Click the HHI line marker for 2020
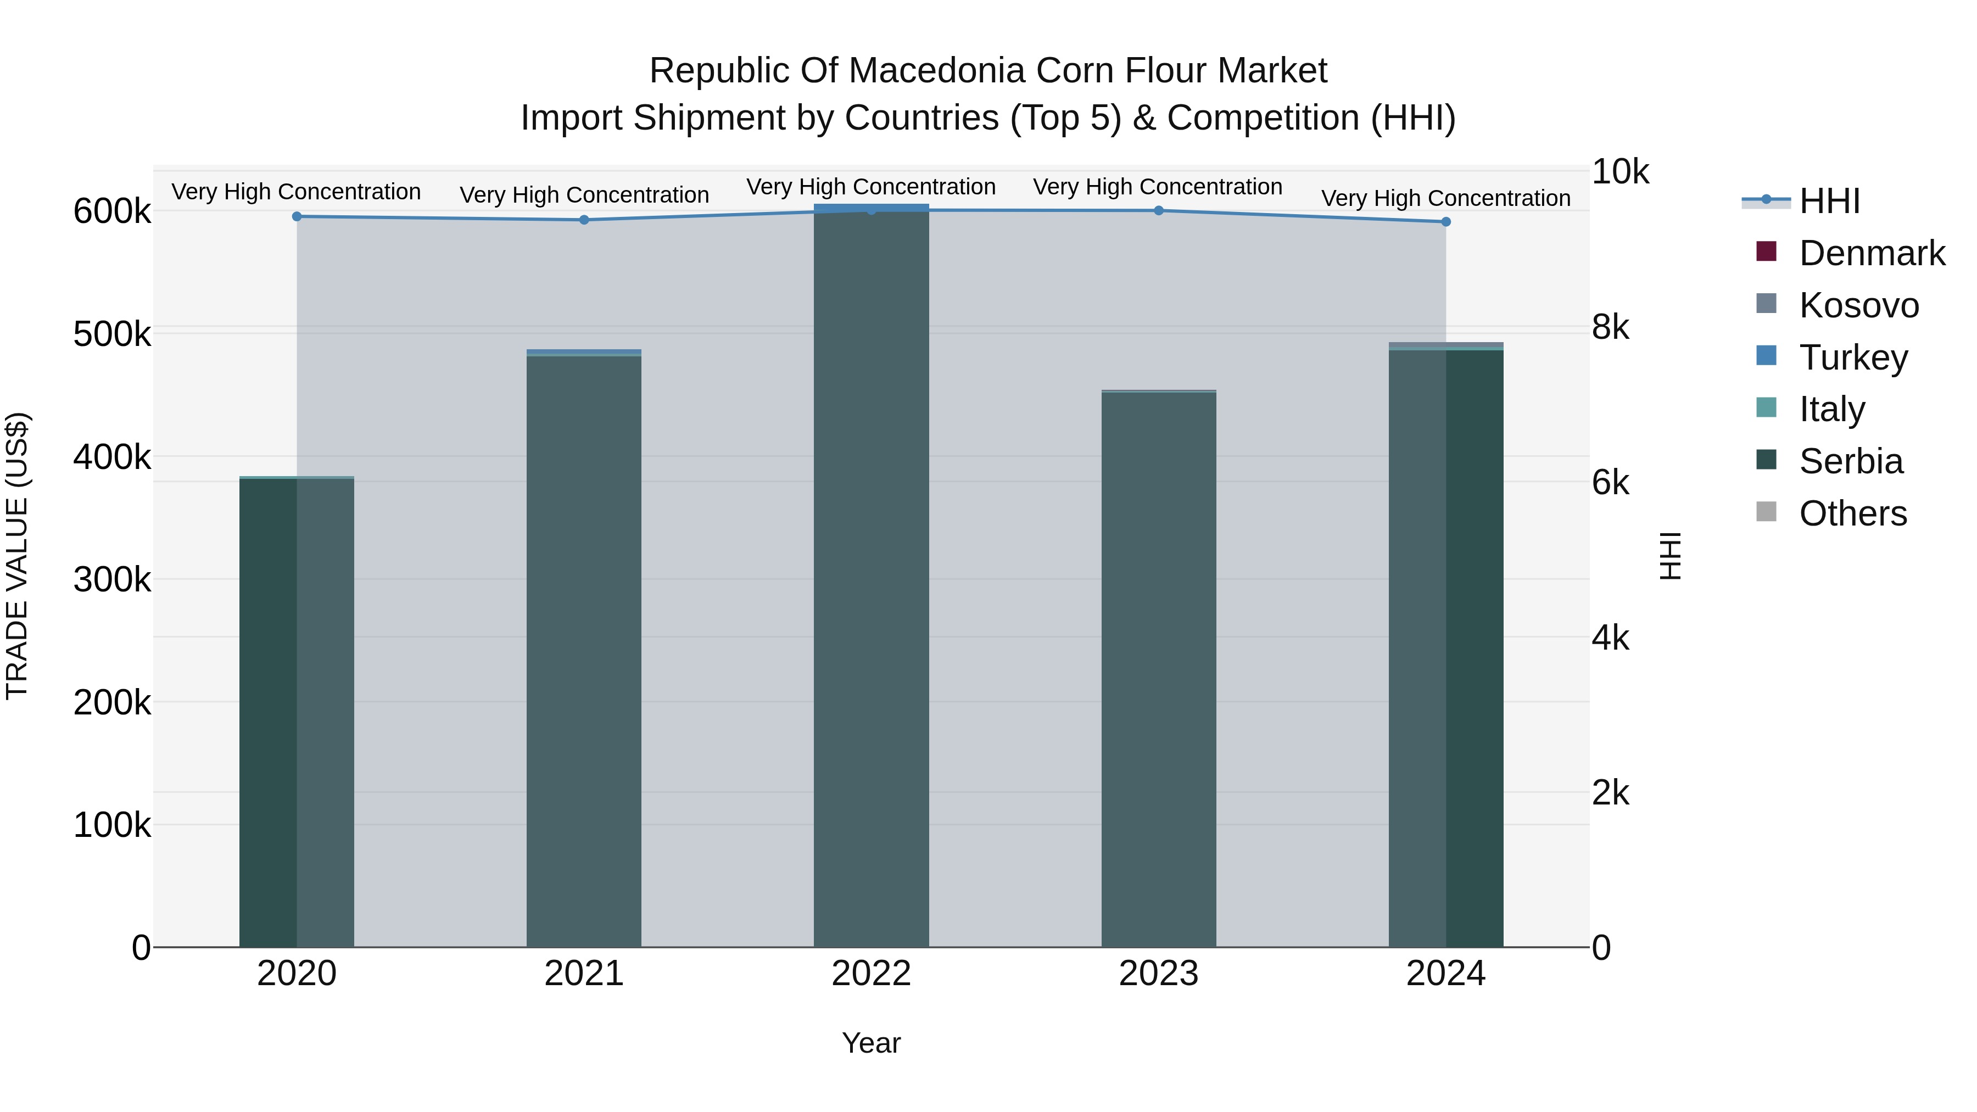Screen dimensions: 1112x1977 (297, 216)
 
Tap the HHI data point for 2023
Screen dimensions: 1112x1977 (1159, 210)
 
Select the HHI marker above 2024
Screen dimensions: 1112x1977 (1446, 222)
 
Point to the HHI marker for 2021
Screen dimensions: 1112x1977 (584, 220)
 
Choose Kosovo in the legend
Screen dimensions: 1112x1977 (1858, 305)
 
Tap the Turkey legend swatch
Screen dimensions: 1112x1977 (1767, 356)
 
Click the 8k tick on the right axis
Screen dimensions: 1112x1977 (1610, 328)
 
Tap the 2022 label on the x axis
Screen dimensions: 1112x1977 (871, 974)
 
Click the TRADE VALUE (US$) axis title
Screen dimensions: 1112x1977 (17, 556)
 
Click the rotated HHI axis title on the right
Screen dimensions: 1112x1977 (1670, 556)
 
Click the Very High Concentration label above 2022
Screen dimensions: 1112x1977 (871, 187)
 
